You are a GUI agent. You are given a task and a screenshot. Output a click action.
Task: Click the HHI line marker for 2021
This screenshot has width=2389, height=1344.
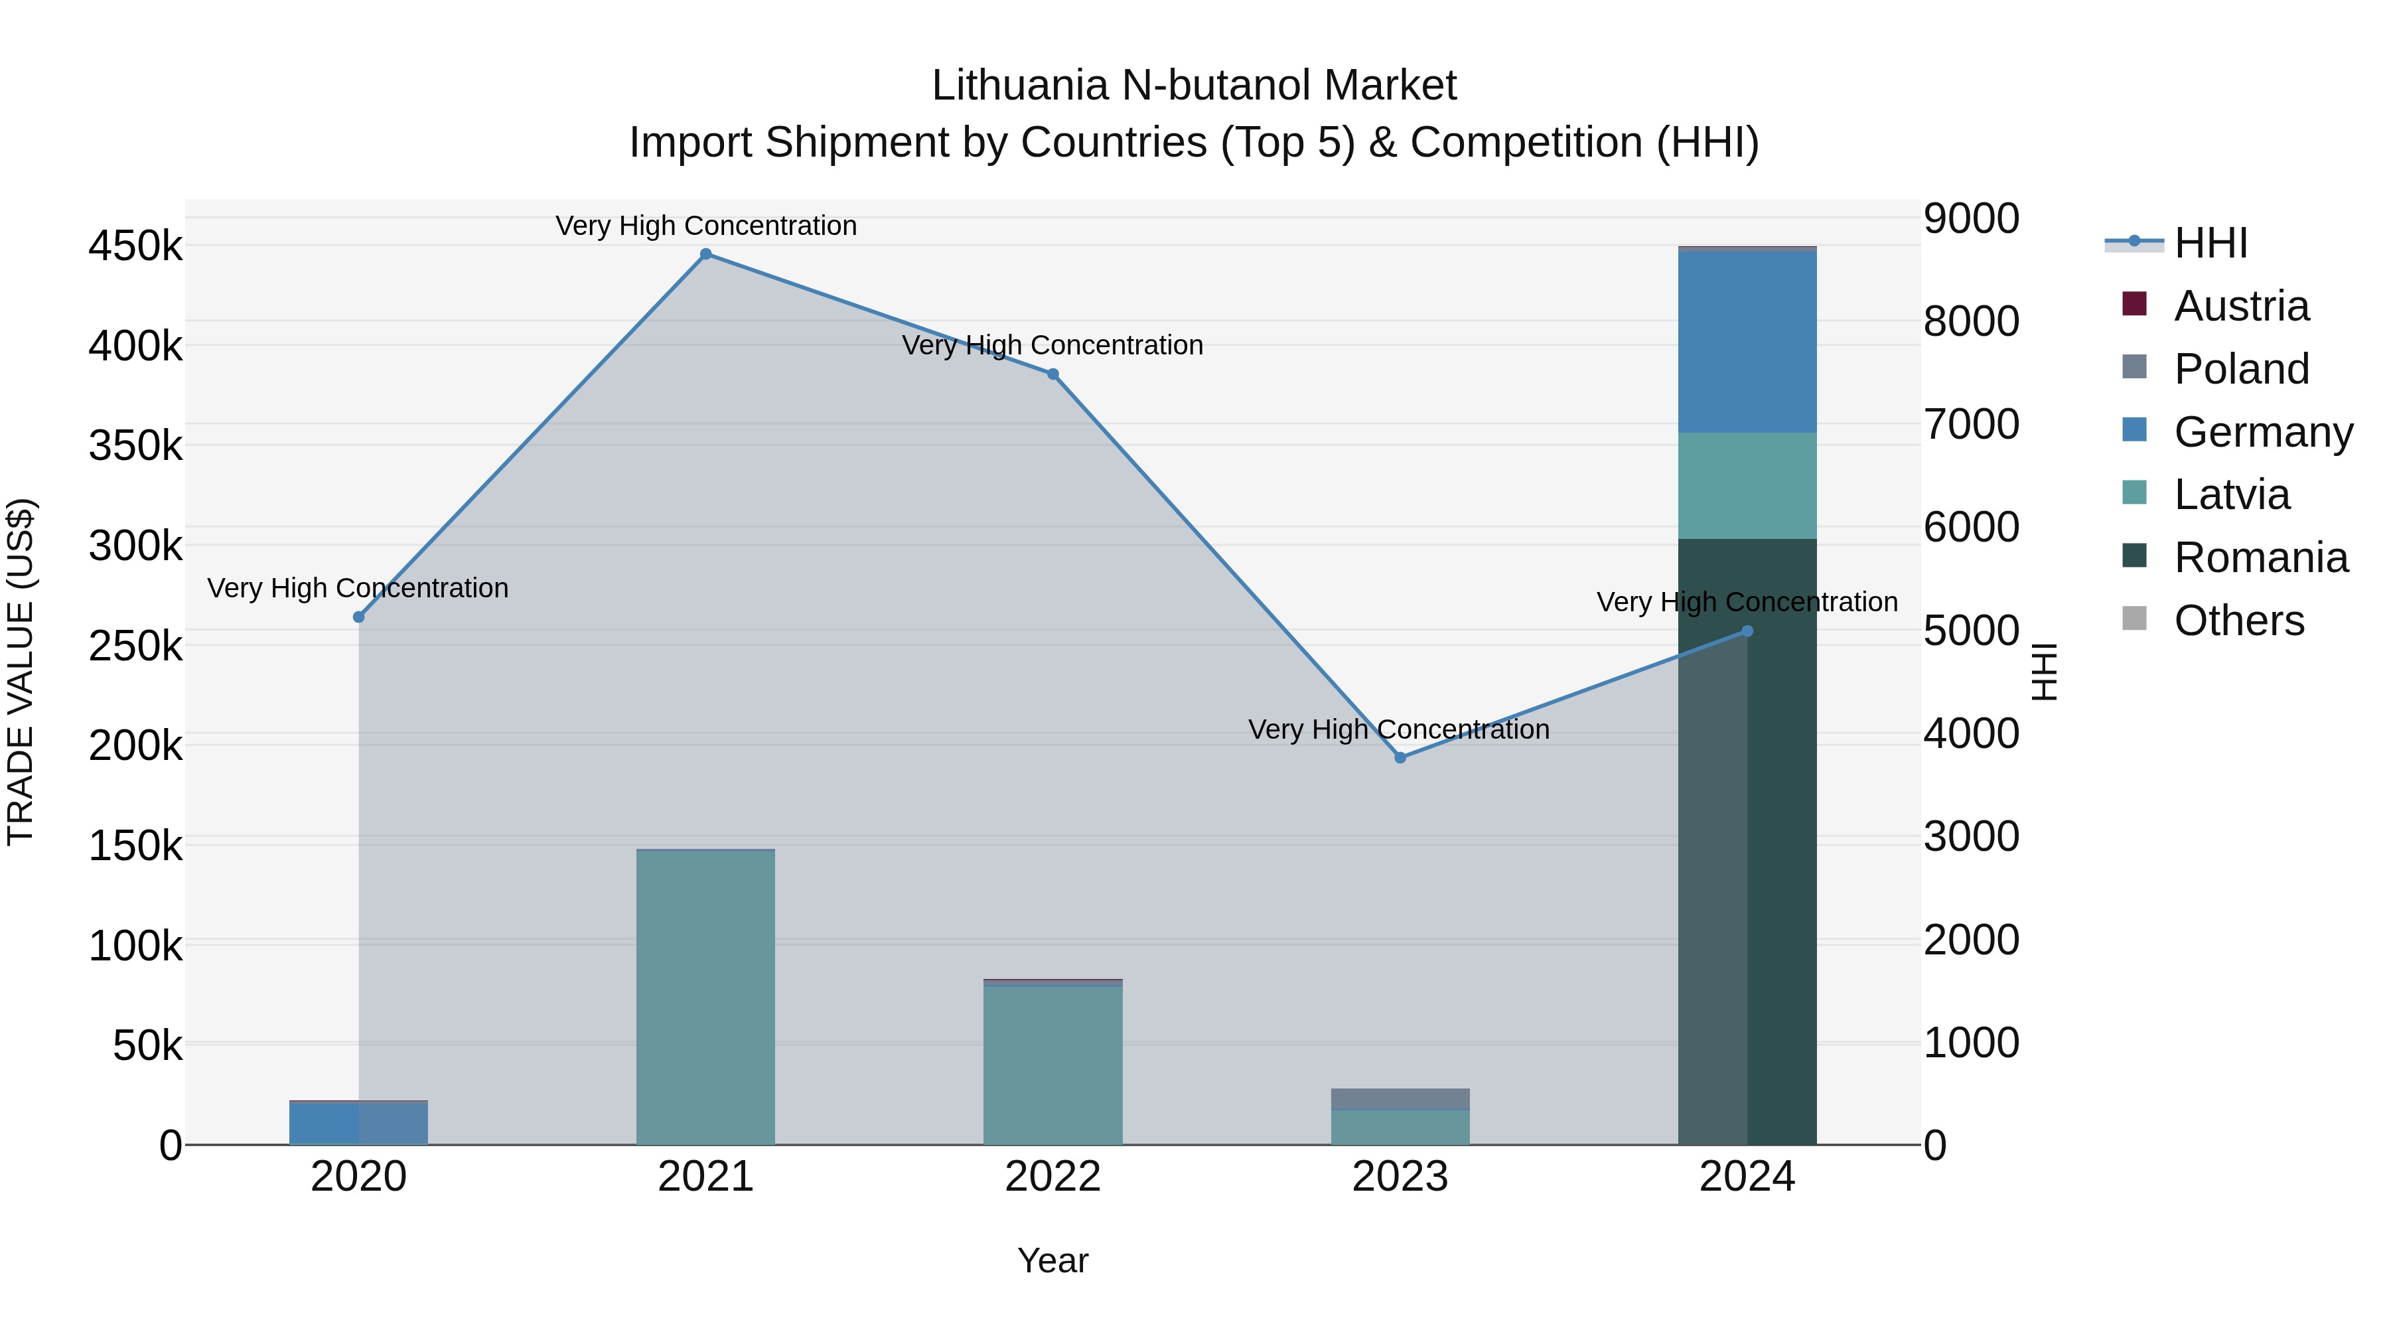[706, 254]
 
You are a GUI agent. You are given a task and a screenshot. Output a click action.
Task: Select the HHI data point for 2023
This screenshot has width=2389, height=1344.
[1400, 758]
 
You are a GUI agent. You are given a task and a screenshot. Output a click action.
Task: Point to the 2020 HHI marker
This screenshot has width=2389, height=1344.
[359, 617]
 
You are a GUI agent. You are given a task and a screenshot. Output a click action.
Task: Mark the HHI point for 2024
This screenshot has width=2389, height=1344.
[1747, 631]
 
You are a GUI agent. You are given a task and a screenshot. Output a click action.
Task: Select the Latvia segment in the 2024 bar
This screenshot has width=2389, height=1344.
[1747, 485]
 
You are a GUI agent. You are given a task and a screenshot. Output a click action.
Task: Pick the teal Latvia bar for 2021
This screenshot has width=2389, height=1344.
[706, 997]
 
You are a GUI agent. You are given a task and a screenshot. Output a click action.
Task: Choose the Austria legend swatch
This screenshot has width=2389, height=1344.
[2134, 304]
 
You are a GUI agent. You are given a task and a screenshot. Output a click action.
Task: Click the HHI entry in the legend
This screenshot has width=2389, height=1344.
[2210, 243]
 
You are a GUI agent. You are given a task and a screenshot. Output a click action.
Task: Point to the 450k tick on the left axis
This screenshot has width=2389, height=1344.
[135, 247]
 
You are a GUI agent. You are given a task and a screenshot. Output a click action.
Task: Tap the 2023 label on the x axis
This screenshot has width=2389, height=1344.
[1400, 1177]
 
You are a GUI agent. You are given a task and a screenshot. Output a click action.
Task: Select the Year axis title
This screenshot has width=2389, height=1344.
[1052, 1260]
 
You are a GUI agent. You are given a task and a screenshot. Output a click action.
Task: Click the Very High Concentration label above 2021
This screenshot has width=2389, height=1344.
[706, 226]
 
